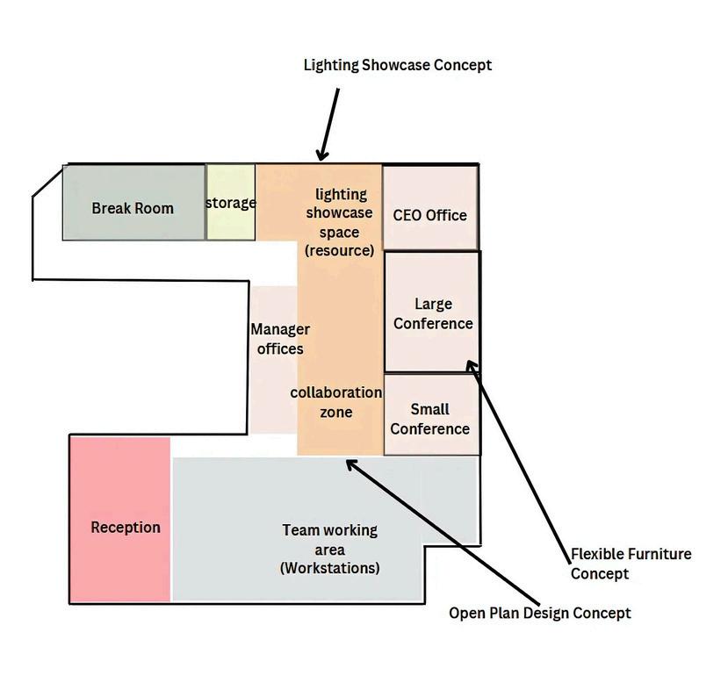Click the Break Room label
coord(133,208)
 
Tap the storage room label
coord(231,203)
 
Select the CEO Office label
coord(429,215)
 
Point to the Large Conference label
coord(433,313)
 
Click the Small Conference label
coord(429,419)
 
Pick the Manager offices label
coord(280,339)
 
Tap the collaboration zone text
coord(335,402)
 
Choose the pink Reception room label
coord(126,527)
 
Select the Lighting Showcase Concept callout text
coord(397,65)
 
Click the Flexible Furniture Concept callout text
coord(631,564)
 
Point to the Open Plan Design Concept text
coord(539,613)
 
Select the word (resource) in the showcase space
coord(339,250)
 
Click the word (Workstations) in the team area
coord(329,568)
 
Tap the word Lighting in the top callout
coord(330,65)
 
